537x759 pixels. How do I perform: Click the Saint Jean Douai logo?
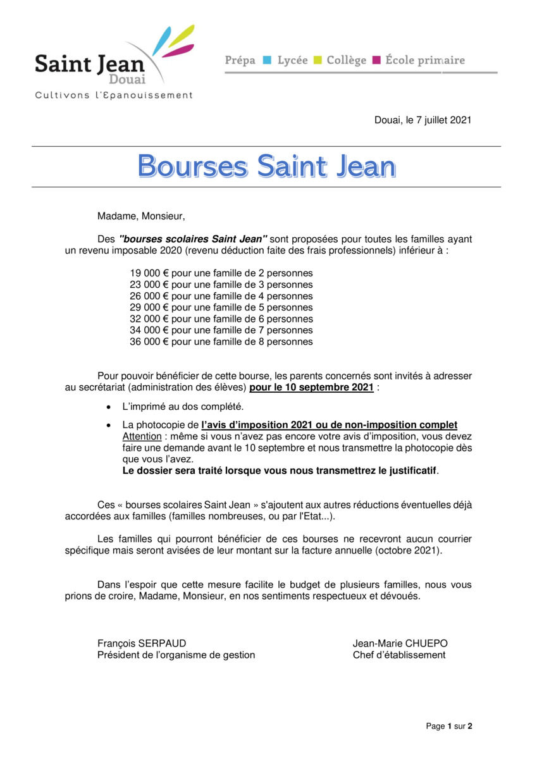point(114,60)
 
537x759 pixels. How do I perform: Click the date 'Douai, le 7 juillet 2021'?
point(423,120)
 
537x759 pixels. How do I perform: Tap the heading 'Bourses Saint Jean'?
point(266,166)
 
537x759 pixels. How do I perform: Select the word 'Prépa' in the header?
point(240,61)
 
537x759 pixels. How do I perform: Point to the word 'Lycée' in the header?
point(292,61)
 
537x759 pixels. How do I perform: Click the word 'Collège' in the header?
point(346,61)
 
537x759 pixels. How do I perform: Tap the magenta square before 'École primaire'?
point(376,61)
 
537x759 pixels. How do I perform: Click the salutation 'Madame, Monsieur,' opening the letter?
point(142,216)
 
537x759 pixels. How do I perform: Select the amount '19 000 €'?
point(149,273)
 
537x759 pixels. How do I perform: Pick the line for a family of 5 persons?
point(221,307)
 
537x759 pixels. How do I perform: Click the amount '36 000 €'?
point(149,342)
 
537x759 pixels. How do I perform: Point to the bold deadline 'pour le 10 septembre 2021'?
point(311,387)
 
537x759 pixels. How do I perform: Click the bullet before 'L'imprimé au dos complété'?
point(109,406)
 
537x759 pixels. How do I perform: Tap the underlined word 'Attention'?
point(142,436)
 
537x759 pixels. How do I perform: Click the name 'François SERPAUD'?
point(142,643)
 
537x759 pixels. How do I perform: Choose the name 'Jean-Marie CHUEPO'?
point(400,643)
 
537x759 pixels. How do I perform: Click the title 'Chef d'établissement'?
point(399,655)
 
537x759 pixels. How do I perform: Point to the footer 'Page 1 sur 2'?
point(449,726)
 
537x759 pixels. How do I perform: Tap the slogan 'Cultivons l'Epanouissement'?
point(114,96)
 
